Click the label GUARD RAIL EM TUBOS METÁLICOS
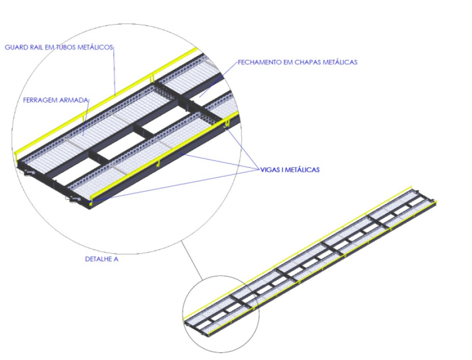point(59,47)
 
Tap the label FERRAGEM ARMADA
point(56,100)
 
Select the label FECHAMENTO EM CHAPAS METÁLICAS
point(298,62)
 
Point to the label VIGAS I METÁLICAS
point(289,170)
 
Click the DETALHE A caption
point(102,259)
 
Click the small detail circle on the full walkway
point(221,276)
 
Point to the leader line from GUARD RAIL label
point(114,71)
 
